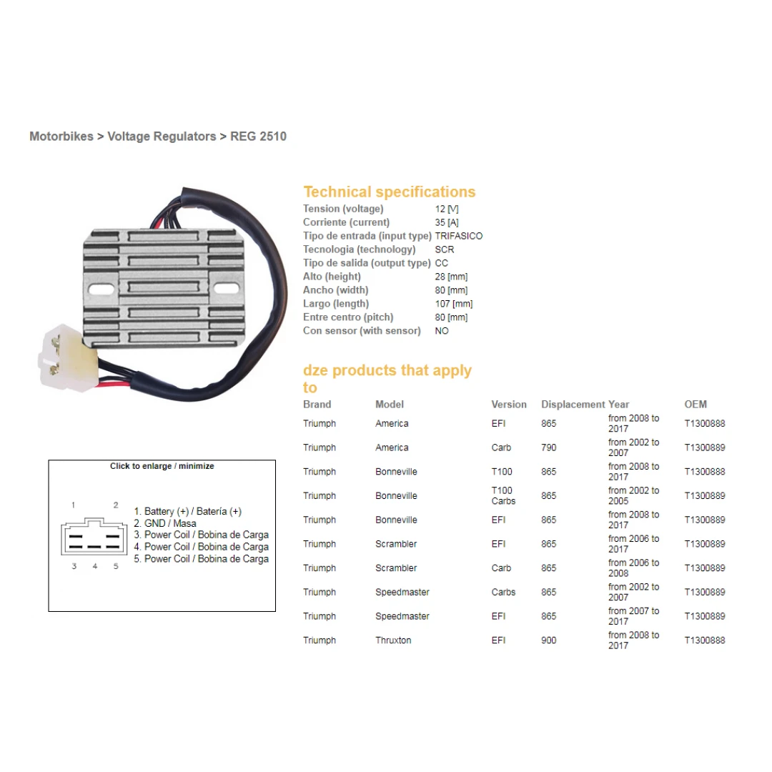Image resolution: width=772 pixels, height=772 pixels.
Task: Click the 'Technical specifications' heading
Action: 389,192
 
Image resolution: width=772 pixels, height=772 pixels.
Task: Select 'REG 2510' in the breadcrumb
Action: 258,136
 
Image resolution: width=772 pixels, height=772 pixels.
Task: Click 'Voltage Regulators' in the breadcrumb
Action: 162,136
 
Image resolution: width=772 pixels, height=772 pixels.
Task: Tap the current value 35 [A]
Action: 447,222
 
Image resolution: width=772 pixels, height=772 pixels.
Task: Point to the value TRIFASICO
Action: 458,236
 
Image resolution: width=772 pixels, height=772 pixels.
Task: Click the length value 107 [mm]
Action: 453,304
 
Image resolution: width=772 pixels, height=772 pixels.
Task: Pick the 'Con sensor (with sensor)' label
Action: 362,331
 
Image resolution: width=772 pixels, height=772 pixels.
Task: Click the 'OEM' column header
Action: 695,405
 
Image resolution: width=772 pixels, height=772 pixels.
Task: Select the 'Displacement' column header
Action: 573,405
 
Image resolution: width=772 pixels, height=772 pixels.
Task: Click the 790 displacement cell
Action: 548,447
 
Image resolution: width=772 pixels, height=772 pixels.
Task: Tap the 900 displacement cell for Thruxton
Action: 548,640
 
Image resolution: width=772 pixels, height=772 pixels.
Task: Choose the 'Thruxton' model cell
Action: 393,640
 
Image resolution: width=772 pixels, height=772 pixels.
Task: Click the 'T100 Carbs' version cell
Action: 503,496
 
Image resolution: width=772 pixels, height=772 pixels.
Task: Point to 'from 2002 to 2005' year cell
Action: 633,496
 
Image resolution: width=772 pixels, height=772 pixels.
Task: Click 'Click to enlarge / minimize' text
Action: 162,466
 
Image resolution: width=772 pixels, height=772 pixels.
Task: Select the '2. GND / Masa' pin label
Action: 165,523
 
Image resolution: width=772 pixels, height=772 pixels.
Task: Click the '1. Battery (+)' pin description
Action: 187,512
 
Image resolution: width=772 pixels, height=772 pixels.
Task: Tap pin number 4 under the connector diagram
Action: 94,567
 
